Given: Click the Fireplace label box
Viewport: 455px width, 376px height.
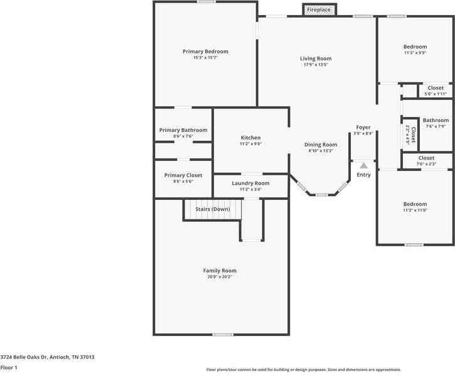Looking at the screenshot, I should [319, 10].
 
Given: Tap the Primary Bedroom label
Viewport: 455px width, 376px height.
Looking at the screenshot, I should [205, 52].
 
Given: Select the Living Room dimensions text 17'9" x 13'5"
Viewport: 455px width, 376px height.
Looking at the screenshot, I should [315, 65].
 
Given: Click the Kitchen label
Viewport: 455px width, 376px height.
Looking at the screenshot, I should [250, 138].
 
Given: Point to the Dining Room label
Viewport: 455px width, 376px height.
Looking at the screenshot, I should [321, 145].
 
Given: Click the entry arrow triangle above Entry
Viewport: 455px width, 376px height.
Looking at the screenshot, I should [363, 165].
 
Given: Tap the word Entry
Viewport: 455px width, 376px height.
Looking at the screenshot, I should [363, 175].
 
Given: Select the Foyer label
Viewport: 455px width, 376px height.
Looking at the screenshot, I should [363, 127].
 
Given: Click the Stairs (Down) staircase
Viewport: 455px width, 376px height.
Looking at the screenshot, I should [212, 209].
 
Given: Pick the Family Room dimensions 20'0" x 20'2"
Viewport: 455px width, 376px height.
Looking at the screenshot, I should [222, 277].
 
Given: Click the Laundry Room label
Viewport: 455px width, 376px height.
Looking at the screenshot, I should [250, 183].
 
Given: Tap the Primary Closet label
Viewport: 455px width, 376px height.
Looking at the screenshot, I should [183, 175].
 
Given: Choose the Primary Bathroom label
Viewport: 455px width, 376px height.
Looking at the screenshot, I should [183, 130].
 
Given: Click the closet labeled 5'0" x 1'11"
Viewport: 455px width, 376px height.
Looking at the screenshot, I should [435, 91].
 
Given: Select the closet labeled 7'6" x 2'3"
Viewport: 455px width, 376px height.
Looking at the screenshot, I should [426, 161].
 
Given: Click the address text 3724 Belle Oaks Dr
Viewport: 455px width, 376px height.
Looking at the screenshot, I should [47, 357].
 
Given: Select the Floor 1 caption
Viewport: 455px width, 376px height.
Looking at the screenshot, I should [9, 367].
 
